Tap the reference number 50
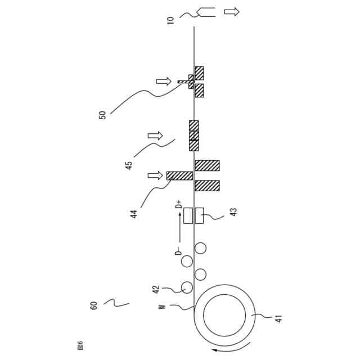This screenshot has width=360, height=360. tap(102, 115)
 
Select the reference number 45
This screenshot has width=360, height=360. tap(129, 165)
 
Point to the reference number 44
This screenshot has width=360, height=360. tap(134, 214)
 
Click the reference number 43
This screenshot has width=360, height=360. tap(233, 213)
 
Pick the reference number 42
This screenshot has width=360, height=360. tap(156, 290)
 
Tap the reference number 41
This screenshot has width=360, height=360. tap(278, 319)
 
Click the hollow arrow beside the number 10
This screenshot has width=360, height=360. tap(231, 11)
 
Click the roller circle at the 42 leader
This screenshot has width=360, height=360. tap(186, 287)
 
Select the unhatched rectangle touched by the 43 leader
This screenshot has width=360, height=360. tap(199, 215)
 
